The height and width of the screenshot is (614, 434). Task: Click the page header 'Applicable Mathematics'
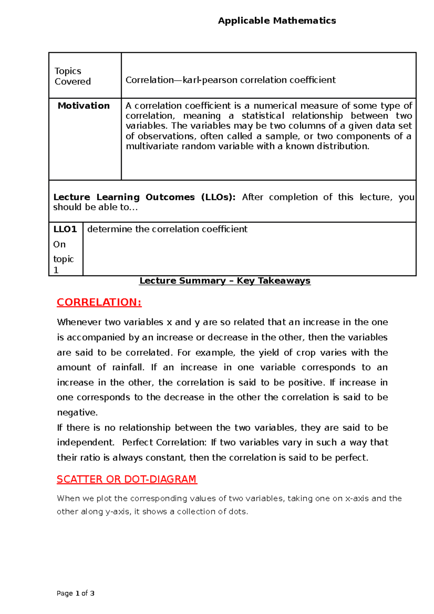[277, 21]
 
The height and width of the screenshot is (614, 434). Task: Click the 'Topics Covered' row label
[72, 76]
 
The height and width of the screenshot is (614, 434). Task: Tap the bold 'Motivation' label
[84, 106]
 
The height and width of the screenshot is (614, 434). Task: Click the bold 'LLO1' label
[65, 229]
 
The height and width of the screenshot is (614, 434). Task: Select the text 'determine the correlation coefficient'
[167, 229]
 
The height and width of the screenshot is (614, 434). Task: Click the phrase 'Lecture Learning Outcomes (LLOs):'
[144, 197]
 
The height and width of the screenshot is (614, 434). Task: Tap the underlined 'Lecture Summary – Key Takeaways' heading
[225, 281]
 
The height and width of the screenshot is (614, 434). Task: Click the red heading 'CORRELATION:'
[99, 302]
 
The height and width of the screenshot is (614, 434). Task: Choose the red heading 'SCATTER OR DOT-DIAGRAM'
[127, 479]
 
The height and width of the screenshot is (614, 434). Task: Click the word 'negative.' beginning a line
[77, 413]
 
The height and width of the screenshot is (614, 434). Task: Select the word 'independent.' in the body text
[86, 443]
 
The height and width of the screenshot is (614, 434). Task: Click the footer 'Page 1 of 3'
[76, 593]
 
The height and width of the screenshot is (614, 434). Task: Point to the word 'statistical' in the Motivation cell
[263, 116]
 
